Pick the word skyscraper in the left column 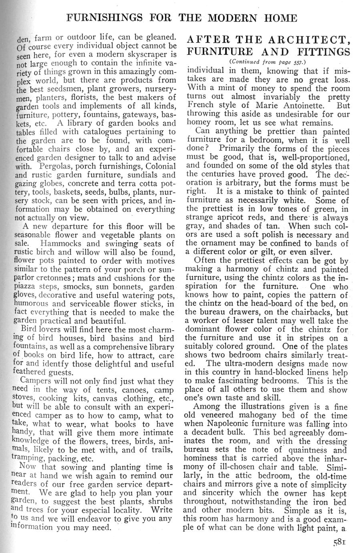point(152,53)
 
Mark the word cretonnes point(57,279)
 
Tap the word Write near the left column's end point(161,511)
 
